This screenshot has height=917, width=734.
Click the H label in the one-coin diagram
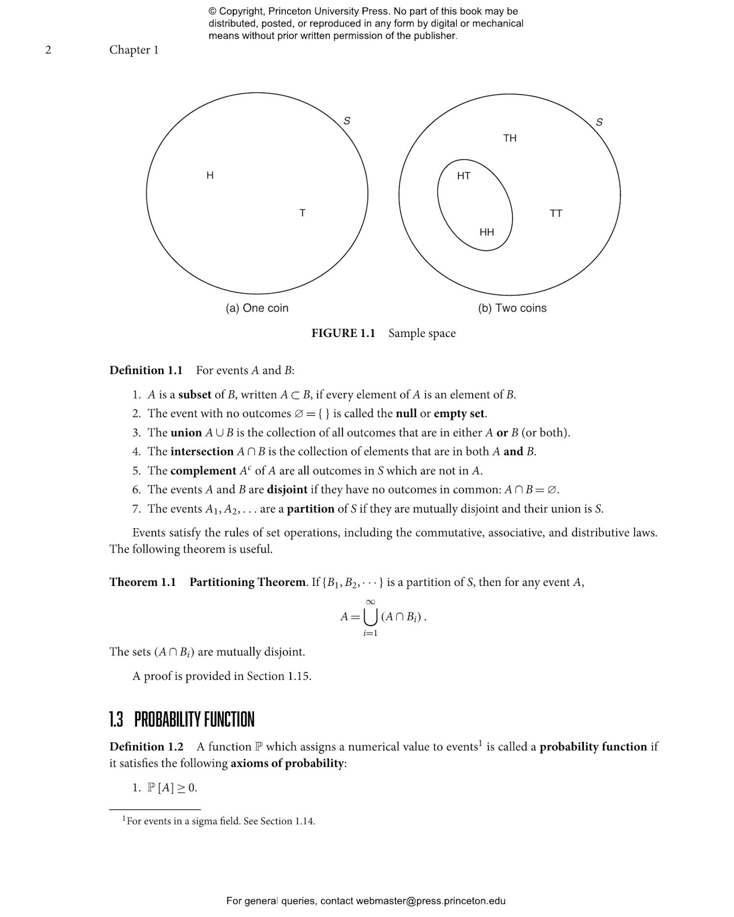[210, 175]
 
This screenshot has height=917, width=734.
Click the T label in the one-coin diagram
[302, 213]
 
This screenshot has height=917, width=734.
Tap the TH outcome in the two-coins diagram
[510, 138]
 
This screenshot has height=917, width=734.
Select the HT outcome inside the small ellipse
[464, 176]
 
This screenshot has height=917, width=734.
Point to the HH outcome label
[487, 232]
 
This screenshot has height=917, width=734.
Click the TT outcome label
[556, 213]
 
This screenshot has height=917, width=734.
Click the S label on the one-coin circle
[347, 120]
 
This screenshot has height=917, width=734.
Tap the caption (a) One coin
[257, 308]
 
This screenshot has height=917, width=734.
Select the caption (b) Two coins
[512, 308]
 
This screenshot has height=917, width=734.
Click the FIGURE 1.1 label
[343, 333]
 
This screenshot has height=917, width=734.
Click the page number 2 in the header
[48, 50]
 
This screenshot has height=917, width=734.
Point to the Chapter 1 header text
[134, 50]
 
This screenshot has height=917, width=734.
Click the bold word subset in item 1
[195, 395]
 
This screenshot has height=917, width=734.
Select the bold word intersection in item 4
[202, 451]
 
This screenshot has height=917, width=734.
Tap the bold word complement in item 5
[203, 470]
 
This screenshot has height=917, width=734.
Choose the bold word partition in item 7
[310, 509]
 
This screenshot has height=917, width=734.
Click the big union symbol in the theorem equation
[371, 618]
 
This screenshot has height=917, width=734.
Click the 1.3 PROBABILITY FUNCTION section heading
[182, 719]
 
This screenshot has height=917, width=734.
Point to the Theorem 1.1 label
[142, 582]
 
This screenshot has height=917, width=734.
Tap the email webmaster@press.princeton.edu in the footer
[431, 901]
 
